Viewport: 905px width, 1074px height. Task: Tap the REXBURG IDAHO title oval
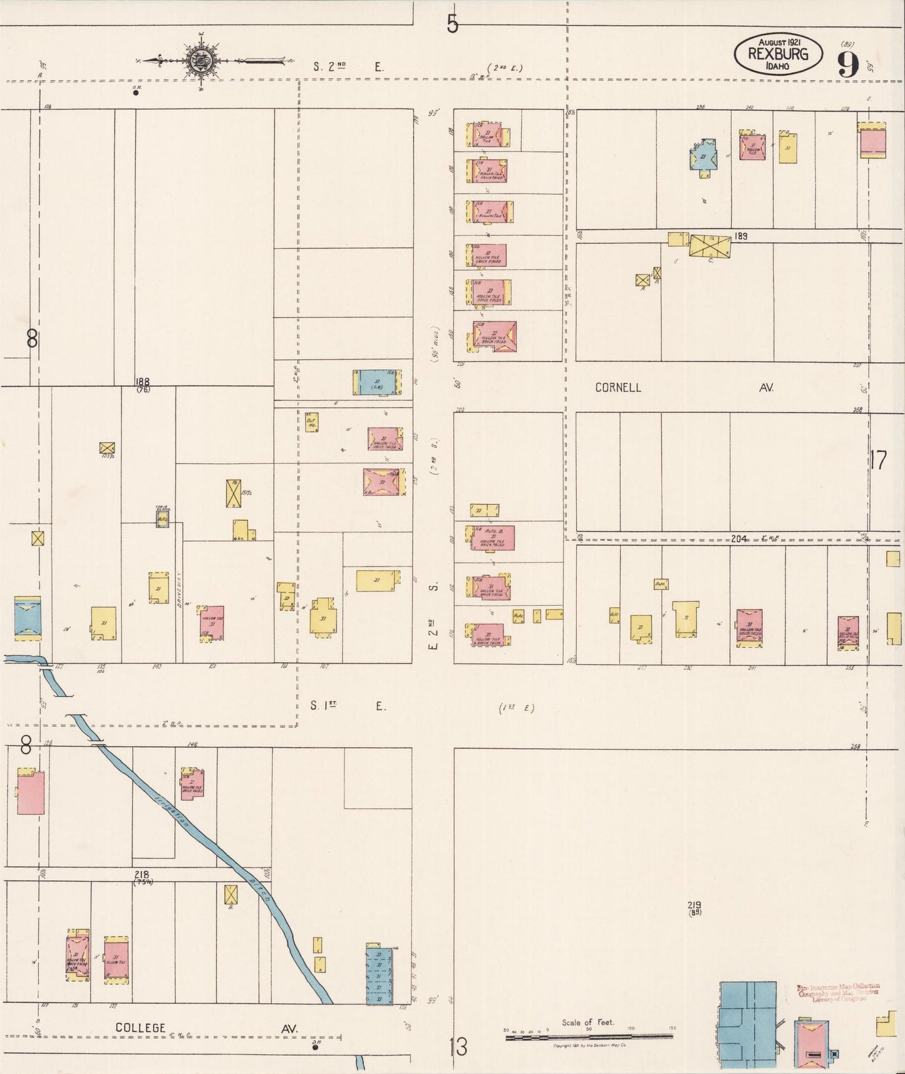[x=778, y=53]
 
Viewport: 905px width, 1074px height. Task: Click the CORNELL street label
[x=618, y=387]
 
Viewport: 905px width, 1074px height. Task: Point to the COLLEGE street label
[x=141, y=1028]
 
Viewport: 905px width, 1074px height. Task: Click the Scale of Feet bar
[x=589, y=1037]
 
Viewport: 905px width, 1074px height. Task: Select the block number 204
[x=739, y=538]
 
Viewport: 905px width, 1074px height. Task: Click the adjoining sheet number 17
[x=878, y=461]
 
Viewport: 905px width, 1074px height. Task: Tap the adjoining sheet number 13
[x=458, y=1046]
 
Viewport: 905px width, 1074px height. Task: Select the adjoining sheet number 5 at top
[x=452, y=24]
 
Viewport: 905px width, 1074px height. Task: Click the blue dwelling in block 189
[x=703, y=156]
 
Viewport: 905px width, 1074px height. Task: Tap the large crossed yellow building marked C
[x=710, y=245]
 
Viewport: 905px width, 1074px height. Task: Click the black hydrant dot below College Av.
[x=315, y=1046]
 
